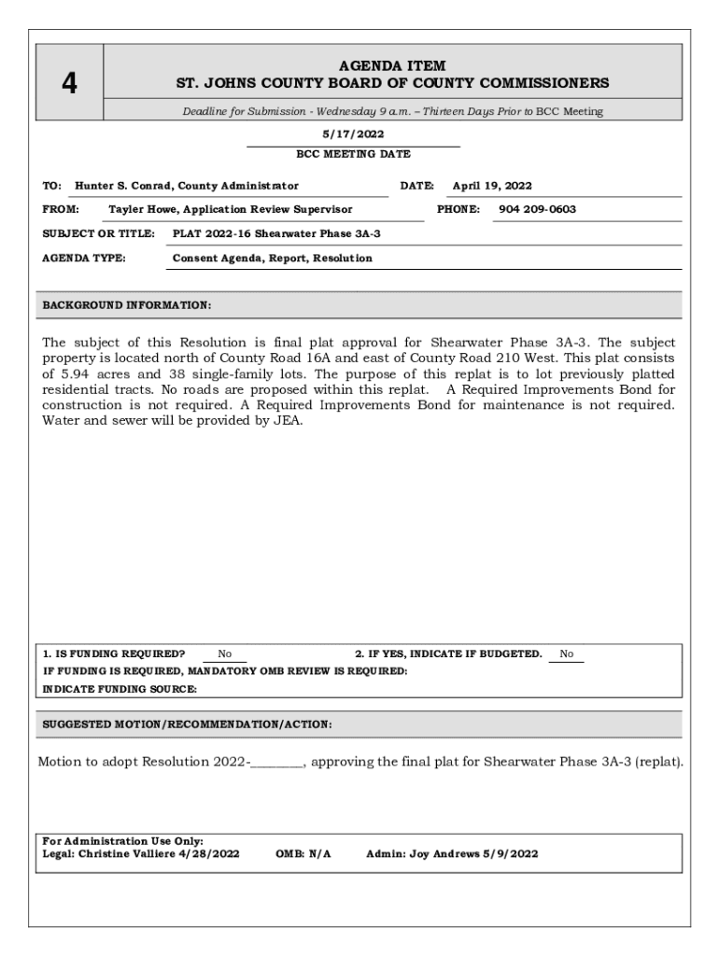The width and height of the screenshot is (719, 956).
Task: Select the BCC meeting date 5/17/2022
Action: tap(353, 134)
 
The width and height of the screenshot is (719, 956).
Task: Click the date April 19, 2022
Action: tap(492, 186)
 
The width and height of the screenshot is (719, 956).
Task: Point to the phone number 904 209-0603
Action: tap(537, 209)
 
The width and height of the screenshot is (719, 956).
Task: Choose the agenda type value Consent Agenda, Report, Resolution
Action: tap(272, 258)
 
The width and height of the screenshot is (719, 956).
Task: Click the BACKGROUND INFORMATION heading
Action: tap(127, 305)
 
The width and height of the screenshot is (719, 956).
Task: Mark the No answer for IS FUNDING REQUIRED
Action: tap(225, 654)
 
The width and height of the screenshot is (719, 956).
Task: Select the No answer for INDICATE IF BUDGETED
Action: tap(567, 654)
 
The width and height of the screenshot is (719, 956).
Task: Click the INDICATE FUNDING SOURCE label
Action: tap(120, 688)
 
